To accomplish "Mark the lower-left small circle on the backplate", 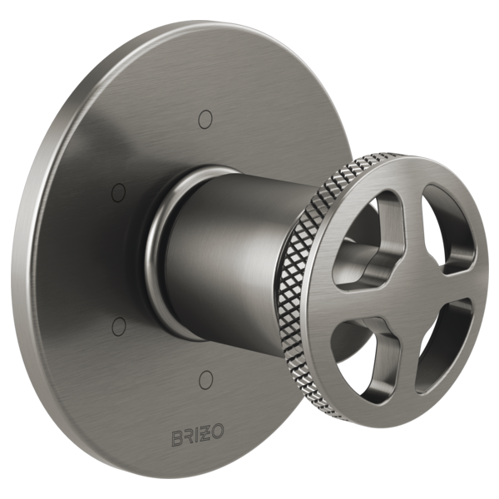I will (118, 323).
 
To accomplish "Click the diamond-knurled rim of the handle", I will (308, 274).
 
